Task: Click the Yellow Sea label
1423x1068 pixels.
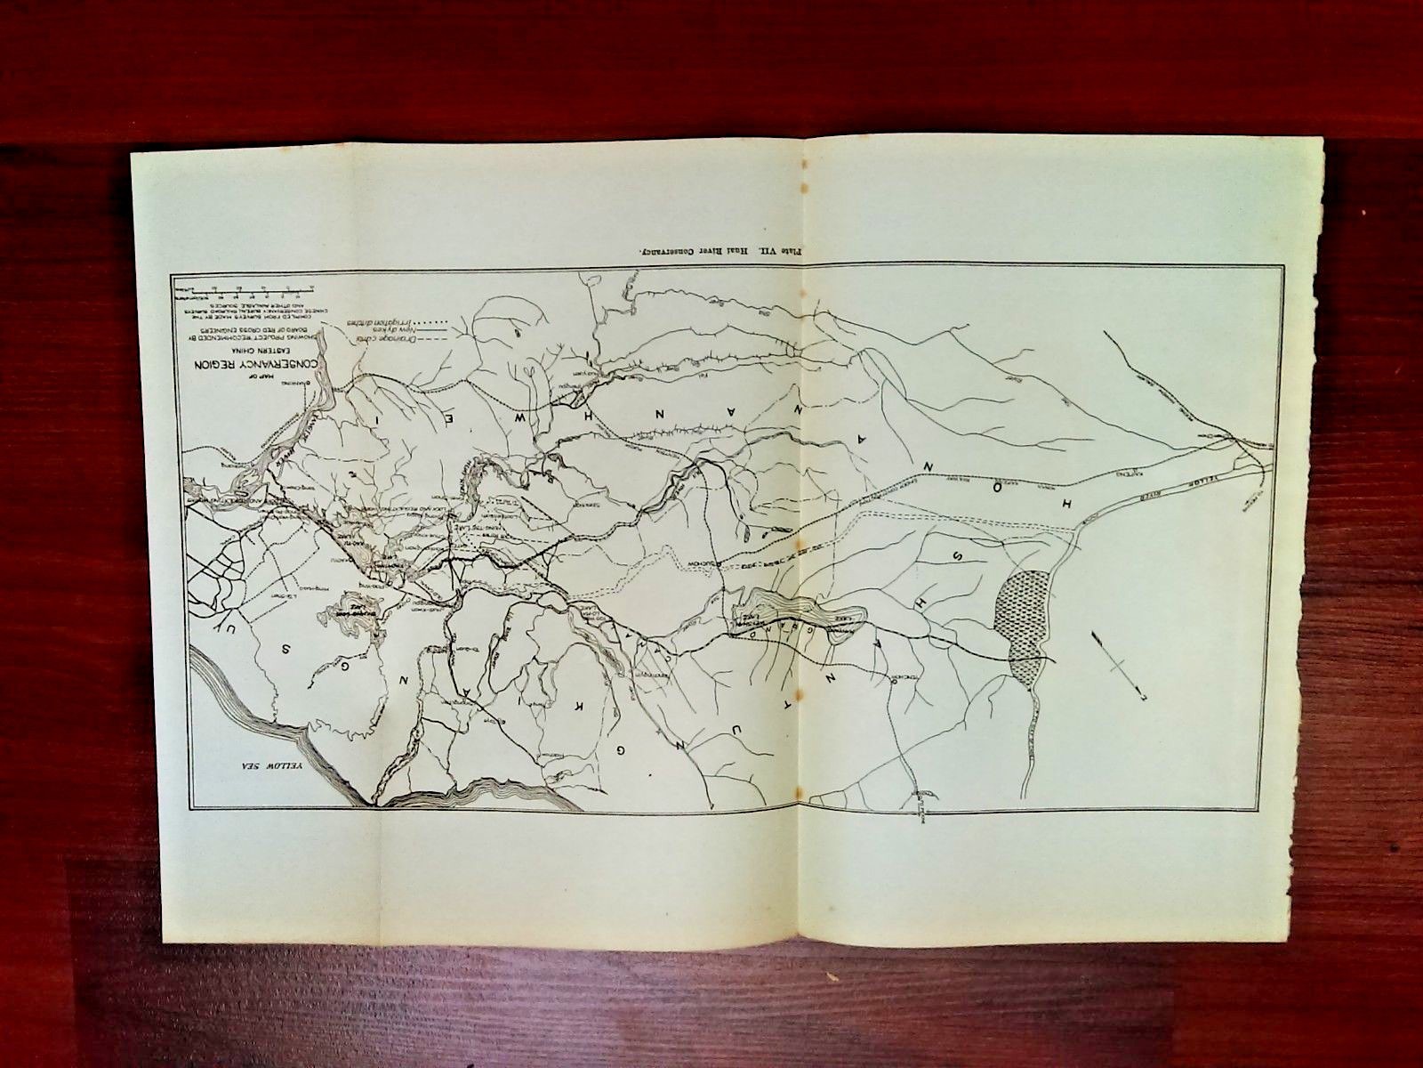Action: pos(274,766)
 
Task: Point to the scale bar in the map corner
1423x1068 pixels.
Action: pos(245,289)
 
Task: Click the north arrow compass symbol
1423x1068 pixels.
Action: pos(1119,664)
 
